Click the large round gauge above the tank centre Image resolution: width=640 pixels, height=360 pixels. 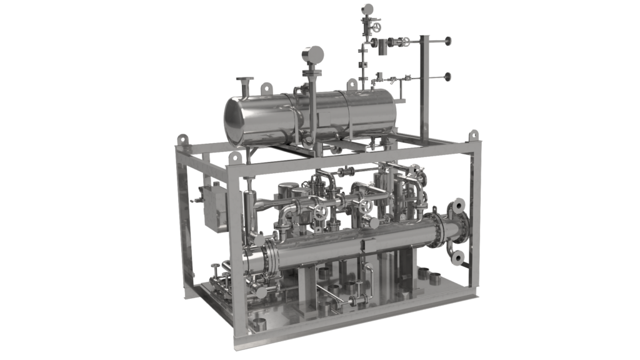pyautogui.click(x=312, y=55)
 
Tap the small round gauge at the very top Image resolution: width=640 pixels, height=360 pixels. pyautogui.click(x=367, y=9)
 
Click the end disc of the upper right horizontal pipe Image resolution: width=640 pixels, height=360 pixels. pyautogui.click(x=448, y=42)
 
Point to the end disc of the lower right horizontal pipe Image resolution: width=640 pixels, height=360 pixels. pyautogui.click(x=447, y=77)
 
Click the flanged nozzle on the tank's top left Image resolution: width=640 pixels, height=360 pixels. pyautogui.click(x=244, y=82)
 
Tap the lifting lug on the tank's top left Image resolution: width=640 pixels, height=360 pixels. pyautogui.click(x=266, y=87)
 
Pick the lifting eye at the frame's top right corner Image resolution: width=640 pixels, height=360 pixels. pyautogui.click(x=474, y=135)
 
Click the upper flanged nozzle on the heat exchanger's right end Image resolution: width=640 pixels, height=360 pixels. pyautogui.click(x=457, y=205)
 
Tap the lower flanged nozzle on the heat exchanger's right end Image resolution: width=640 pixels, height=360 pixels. pyautogui.click(x=458, y=257)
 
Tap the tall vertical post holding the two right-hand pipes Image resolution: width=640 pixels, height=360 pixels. pyautogui.click(x=425, y=87)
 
